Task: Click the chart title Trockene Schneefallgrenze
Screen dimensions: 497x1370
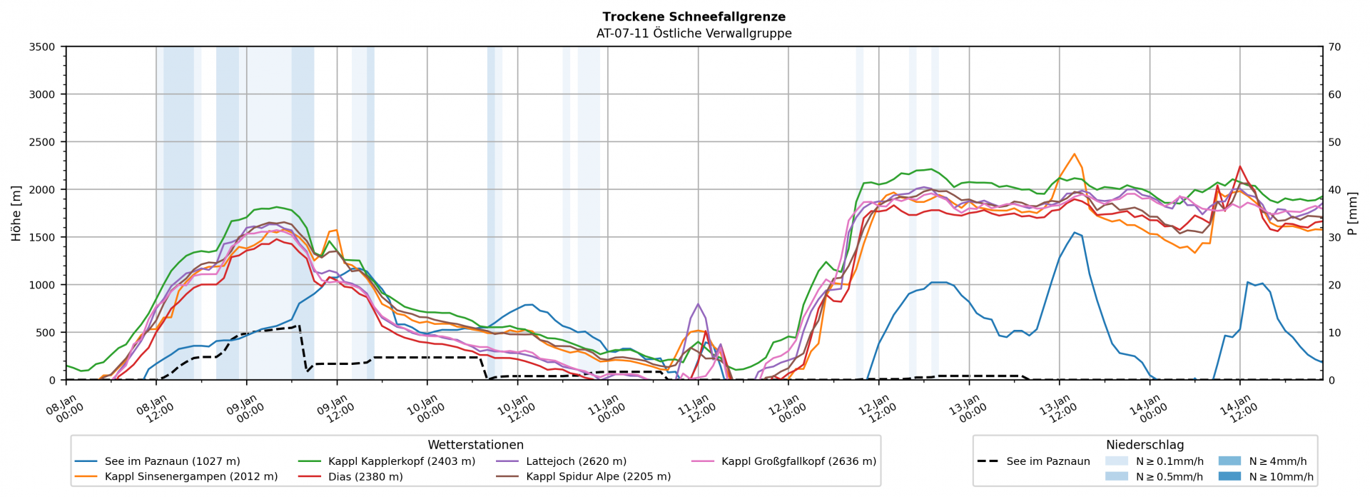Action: pos(694,16)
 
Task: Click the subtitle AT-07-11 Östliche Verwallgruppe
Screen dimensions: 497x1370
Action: pos(694,33)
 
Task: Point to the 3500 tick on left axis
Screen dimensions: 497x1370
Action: pos(41,47)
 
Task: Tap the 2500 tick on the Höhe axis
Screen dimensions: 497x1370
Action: pos(41,142)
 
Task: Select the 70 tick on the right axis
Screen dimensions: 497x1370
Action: pos(1334,47)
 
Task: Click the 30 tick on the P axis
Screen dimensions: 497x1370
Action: pos(1334,237)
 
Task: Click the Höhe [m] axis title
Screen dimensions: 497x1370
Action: pos(16,213)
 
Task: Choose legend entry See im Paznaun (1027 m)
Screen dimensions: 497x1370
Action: pos(172,461)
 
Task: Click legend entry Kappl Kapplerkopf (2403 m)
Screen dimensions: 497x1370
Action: pos(401,461)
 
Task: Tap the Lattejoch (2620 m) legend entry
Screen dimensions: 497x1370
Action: pos(576,461)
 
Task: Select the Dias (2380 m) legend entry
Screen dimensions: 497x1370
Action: pos(365,476)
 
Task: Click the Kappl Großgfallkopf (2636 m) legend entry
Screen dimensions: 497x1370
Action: pos(798,461)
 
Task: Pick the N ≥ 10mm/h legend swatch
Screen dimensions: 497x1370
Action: pos(1229,476)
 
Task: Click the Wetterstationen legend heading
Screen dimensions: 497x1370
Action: pos(475,445)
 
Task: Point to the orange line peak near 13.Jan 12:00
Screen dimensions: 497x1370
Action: pos(1074,154)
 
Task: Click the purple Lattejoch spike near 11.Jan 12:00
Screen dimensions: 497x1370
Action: pos(698,303)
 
